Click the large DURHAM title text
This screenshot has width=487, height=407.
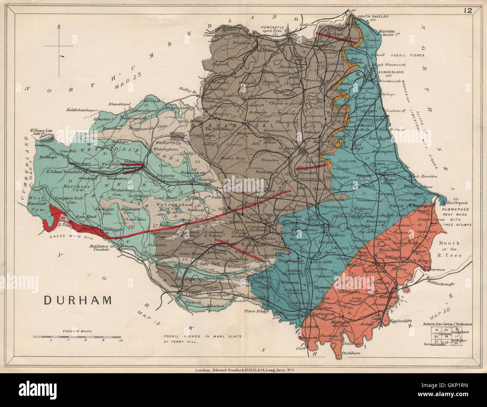point(78,300)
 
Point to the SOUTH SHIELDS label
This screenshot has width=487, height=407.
point(373,17)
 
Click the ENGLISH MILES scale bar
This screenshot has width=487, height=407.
point(77,336)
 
